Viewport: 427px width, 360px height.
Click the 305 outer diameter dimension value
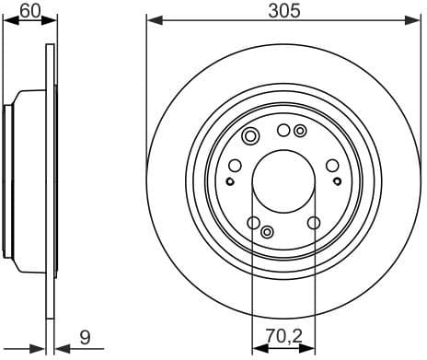coord(283,10)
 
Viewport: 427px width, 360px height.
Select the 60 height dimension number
coord(29,10)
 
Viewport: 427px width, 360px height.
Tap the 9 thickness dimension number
coord(84,338)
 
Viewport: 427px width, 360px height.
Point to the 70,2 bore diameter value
coord(283,338)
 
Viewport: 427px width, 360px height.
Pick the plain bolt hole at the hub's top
coord(283,131)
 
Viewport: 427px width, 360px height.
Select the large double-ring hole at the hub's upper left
coord(249,138)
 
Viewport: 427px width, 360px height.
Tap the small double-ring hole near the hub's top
coord(300,131)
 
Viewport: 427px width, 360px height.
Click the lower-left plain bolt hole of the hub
coord(252,222)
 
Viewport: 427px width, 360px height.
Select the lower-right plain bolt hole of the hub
coord(314,222)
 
